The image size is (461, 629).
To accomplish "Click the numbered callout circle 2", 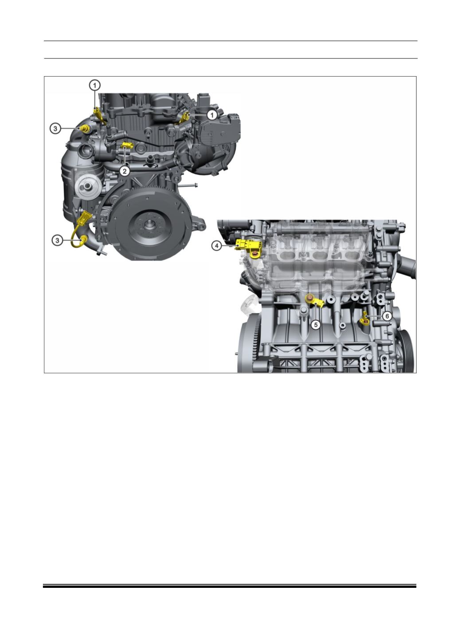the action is coord(125,171).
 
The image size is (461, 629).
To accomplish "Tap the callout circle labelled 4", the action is coord(217,246).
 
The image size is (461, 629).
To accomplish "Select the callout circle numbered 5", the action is coord(316,324).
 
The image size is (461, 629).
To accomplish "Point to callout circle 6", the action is coord(387,316).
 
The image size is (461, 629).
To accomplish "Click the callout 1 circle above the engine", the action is coord(95,85).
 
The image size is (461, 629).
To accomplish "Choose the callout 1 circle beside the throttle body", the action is coord(212,115).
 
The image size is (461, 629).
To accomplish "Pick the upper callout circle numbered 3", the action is coord(55,129).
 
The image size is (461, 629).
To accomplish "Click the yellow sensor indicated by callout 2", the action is coord(127,145).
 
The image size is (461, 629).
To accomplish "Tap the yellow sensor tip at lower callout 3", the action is coord(84,239).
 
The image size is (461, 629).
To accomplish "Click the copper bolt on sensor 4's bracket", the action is coord(254,255).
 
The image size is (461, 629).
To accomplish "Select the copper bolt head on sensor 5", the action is coord(310,299).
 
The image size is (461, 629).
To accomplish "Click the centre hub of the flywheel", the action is coord(149,224).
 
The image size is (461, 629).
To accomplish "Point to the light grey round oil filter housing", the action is coord(87,185).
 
